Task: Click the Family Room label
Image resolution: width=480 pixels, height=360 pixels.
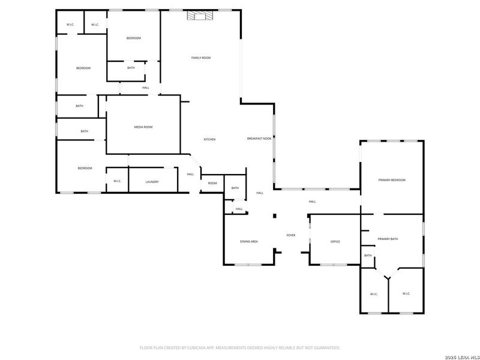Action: coord(201,58)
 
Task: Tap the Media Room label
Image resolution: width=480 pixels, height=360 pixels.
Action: coord(143,127)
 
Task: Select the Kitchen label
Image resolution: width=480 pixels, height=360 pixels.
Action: coord(209,139)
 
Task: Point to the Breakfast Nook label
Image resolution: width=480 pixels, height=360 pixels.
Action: coord(259,139)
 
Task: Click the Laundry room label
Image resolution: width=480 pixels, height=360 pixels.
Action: coord(152,182)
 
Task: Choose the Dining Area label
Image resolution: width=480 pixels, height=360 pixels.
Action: coord(249,241)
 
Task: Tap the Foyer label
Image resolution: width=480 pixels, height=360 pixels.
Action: coord(291,235)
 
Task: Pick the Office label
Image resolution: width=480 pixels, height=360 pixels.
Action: coord(335,241)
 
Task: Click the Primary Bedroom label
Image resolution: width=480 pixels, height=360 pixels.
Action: coord(392,180)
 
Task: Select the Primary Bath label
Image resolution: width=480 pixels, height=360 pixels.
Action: coord(388,239)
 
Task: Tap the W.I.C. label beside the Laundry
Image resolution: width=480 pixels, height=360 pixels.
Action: coord(117,182)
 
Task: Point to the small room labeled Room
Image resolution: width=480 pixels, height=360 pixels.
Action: coord(212,183)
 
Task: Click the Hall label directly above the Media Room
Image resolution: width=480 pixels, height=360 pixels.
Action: coord(146,88)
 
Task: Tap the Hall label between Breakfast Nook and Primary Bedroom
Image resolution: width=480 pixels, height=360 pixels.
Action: coord(312,202)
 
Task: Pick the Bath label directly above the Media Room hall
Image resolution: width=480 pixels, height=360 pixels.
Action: coord(131,68)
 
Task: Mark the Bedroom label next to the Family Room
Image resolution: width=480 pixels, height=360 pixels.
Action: coord(133,38)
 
